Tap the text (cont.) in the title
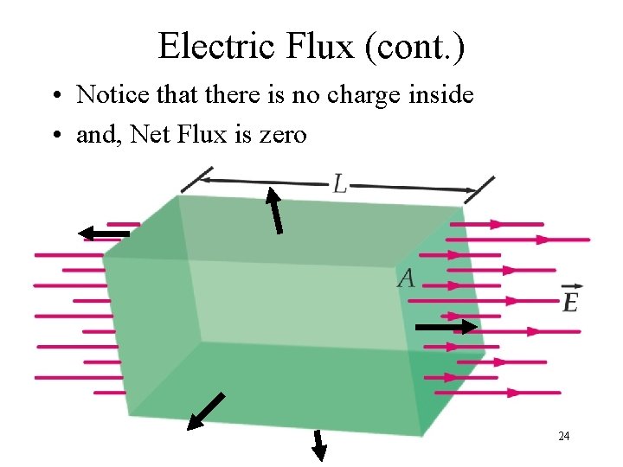pyautogui.click(x=415, y=47)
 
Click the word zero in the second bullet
pyautogui.click(x=281, y=135)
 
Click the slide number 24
pyautogui.click(x=563, y=436)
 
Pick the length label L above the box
pyautogui.click(x=340, y=183)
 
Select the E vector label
pyautogui.click(x=569, y=299)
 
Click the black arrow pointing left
pyautogui.click(x=103, y=233)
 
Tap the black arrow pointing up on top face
pyautogui.click(x=274, y=211)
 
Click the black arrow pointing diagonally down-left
pyautogui.click(x=206, y=412)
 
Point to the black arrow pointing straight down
pyautogui.click(x=318, y=444)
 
